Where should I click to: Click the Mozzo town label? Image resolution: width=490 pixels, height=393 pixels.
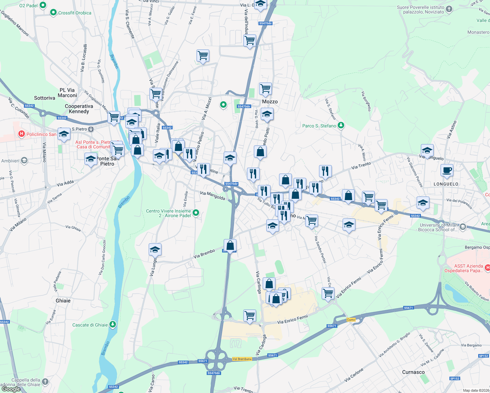[x=270, y=102]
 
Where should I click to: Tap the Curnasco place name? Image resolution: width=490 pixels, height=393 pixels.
[x=413, y=372]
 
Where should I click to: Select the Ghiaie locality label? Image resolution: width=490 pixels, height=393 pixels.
[x=63, y=301]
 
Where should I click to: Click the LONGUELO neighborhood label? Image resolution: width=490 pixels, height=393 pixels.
[x=446, y=184]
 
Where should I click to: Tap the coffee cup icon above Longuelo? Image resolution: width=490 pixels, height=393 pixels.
[x=447, y=170]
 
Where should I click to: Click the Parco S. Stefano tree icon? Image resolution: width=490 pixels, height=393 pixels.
[x=341, y=125]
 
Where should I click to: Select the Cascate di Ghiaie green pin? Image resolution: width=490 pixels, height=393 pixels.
[x=113, y=325]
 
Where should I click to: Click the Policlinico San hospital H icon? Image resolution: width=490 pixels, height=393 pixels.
[x=22, y=134]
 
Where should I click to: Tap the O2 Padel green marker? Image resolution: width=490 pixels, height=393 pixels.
[x=43, y=5]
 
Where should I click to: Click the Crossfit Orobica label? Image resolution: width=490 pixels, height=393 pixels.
[x=75, y=13]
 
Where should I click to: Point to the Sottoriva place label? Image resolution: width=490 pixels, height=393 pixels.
[x=45, y=98]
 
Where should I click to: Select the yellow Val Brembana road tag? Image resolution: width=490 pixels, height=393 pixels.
[x=242, y=359]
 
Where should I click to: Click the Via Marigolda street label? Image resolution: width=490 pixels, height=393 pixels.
[x=213, y=196]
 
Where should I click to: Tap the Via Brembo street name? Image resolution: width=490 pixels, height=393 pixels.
[x=204, y=253]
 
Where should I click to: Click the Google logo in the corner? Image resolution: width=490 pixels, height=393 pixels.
[x=11, y=389]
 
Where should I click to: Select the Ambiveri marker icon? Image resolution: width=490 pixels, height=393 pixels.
[x=24, y=160]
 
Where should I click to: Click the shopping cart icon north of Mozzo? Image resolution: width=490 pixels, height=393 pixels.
[x=265, y=88]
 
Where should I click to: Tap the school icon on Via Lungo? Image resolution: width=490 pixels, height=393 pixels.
[x=155, y=250]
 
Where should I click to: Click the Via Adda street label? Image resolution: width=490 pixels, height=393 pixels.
[x=65, y=183]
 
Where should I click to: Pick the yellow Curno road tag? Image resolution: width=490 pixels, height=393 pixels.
[x=351, y=320]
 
